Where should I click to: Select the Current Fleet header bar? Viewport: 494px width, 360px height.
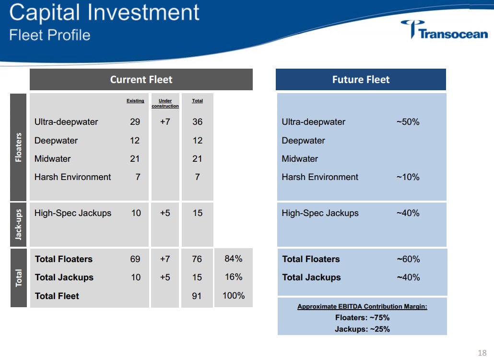141,80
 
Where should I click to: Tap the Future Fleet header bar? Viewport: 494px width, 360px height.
361,80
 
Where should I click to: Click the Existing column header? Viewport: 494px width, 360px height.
135,101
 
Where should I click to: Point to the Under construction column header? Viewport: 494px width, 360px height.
165,103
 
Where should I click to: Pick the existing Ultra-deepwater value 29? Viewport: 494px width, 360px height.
135,122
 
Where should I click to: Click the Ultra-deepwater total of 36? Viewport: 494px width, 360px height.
197,122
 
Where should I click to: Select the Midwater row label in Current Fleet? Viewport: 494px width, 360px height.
52,159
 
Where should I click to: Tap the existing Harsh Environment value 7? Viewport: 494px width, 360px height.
138,177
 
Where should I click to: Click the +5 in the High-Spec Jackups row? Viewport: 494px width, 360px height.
165,213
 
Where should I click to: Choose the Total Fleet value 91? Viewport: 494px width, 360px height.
197,296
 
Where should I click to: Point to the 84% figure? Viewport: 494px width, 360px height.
234,259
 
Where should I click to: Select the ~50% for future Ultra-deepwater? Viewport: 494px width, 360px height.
408,122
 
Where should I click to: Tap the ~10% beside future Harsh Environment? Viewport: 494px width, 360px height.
408,177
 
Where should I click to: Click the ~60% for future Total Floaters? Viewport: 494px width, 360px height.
408,259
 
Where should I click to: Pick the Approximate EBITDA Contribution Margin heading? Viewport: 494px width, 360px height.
362,307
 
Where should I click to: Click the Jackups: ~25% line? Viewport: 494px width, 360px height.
362,329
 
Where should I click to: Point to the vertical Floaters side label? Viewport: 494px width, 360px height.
19,147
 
